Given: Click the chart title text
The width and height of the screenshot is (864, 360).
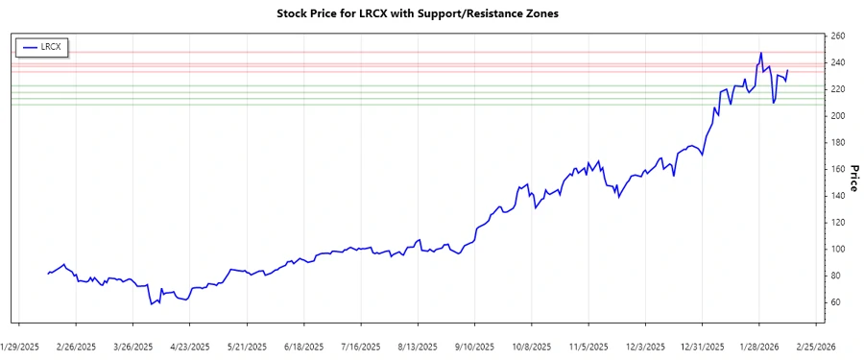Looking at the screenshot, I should tap(432, 15).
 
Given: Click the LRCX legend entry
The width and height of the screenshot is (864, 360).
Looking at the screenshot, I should tap(43, 46).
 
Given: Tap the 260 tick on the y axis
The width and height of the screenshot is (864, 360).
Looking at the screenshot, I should tap(837, 36).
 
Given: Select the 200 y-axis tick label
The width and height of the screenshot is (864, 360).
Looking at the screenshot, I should tap(837, 116).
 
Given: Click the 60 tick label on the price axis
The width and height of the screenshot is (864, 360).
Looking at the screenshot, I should tap(834, 302).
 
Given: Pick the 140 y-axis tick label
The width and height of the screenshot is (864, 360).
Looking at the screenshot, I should tap(837, 196).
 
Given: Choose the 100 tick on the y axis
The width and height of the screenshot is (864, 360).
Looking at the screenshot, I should tap(837, 249).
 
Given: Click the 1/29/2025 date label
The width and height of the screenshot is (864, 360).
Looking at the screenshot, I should tap(19, 346).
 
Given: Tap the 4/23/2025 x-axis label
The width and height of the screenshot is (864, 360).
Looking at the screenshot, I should tap(190, 346).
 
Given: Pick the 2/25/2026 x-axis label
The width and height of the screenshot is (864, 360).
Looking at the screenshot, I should tap(816, 346).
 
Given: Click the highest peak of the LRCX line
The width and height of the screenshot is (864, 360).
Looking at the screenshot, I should tap(761, 53).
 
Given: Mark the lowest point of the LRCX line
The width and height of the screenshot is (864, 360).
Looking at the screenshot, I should tap(151, 304).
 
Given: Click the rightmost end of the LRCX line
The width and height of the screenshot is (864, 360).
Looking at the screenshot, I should tap(788, 70).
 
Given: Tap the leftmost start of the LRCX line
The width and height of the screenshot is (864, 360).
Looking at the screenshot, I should tap(47, 274).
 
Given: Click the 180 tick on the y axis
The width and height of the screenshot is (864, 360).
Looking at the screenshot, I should tap(837, 142).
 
